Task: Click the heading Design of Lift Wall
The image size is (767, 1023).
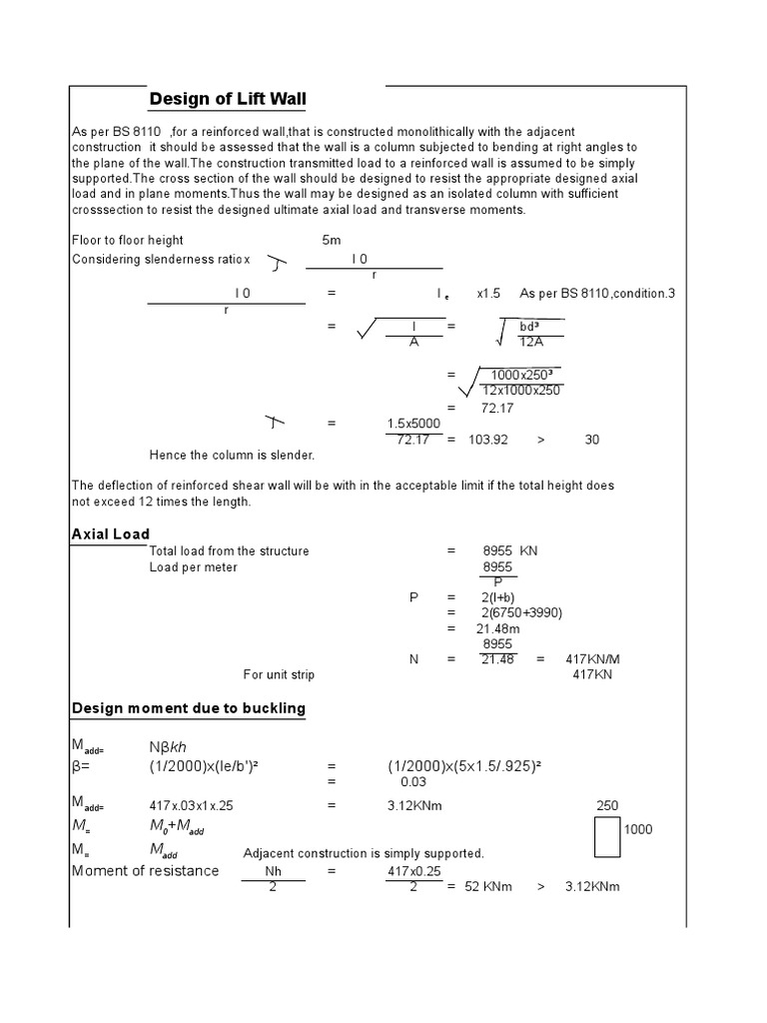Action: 227,99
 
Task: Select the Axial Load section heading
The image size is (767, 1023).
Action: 110,534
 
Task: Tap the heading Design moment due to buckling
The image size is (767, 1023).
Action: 188,708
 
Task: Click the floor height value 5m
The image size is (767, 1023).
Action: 331,241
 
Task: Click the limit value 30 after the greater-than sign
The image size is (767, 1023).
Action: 592,440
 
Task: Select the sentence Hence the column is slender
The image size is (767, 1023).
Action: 232,456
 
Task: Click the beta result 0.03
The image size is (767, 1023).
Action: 412,781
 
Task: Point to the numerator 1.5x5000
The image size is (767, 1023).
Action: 413,424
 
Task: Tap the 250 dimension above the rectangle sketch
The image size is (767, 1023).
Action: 607,804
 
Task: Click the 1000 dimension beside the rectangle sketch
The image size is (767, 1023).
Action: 638,830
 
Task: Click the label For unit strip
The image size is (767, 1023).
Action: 279,675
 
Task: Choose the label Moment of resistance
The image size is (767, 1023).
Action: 145,870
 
